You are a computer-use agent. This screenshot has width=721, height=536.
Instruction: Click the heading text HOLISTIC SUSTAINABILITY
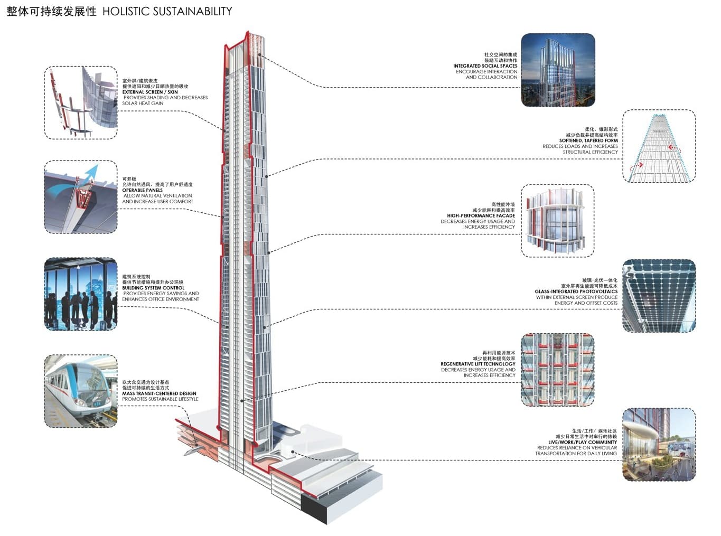(167, 11)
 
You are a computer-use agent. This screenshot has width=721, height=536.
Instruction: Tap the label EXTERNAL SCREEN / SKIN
(150, 92)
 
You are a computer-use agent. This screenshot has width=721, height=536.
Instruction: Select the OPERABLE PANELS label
(143, 190)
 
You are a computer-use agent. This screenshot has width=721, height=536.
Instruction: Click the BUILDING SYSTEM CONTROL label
(153, 288)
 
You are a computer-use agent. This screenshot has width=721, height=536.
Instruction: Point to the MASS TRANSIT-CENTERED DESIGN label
(159, 393)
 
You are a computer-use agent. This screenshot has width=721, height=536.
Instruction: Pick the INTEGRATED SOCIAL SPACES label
(485, 66)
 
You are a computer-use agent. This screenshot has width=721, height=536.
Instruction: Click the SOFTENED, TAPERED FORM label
(588, 140)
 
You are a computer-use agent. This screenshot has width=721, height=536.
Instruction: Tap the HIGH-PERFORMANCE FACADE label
(481, 215)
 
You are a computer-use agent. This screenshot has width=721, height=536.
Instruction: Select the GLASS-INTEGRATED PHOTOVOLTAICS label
(576, 291)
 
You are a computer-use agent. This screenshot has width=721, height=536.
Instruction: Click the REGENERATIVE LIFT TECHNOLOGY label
(478, 364)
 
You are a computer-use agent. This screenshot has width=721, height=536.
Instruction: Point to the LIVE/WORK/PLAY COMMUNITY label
(582, 442)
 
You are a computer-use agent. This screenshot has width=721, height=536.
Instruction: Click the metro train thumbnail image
(81, 391)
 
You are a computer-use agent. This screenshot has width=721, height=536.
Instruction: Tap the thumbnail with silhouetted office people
(81, 294)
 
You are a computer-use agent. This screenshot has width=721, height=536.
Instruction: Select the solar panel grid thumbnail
(659, 296)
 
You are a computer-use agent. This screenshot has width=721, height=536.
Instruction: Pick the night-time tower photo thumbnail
(558, 70)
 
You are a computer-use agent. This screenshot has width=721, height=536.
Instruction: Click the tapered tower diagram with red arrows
(659, 146)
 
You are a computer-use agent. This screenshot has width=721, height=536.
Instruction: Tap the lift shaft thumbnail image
(557, 370)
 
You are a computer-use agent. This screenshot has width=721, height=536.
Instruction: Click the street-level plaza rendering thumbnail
(659, 445)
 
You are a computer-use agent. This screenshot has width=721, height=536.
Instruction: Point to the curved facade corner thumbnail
(557, 221)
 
